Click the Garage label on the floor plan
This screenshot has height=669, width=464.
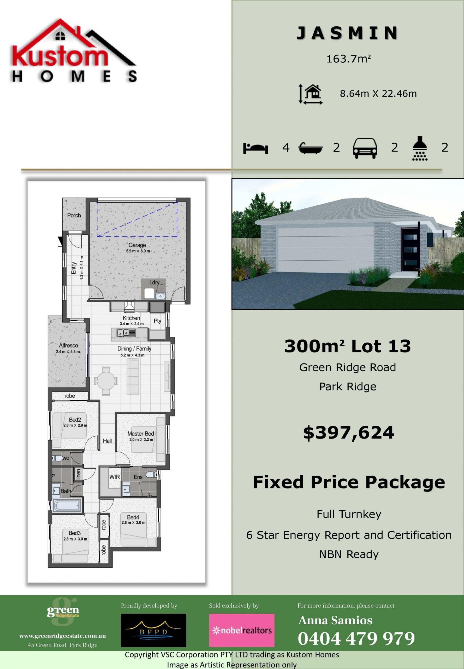[137, 245]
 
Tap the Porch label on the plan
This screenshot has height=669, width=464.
[74, 215]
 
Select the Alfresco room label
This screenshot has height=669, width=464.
[68, 345]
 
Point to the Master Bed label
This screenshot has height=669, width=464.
[141, 434]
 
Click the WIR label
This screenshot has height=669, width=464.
[115, 477]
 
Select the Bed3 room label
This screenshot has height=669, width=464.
[75, 533]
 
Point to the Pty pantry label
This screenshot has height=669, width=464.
[157, 321]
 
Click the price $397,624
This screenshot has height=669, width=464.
[348, 432]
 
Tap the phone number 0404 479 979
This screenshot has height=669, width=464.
[356, 638]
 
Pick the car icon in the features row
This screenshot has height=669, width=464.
[365, 148]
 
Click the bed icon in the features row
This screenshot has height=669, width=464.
[255, 148]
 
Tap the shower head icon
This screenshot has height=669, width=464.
[420, 148]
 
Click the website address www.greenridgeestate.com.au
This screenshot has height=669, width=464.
[63, 636]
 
